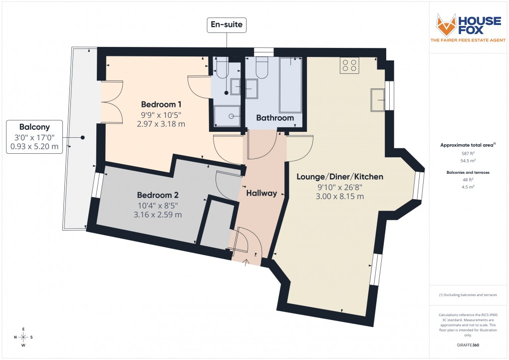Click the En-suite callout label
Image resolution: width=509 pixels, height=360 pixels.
227,24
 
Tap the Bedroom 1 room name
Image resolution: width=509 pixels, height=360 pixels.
161,104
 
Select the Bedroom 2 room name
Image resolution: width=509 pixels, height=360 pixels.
158,195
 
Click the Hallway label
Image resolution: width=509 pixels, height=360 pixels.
261,193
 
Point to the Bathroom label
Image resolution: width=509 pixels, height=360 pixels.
275,118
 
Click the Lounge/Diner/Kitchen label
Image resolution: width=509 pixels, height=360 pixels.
340,177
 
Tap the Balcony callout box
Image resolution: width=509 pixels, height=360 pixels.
34,136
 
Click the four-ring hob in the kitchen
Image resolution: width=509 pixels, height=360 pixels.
349,65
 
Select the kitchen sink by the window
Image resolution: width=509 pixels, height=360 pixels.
378,100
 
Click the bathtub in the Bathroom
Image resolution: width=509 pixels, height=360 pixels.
290,84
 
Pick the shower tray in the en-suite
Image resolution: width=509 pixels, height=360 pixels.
227,116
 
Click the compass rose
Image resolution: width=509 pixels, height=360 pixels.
23,337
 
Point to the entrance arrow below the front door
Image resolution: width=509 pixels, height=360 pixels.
246,261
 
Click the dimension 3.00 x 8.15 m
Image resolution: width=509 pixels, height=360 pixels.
340,197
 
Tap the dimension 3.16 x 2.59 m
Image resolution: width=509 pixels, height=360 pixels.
158,215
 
